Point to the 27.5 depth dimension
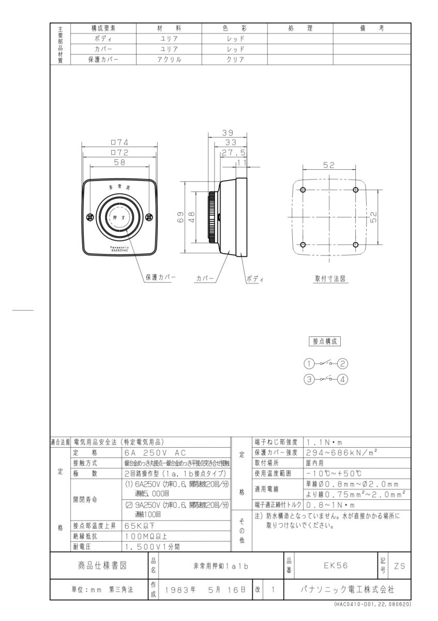[233, 153]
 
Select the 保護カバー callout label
[160, 277]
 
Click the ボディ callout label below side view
[254, 278]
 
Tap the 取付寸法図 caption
[331, 278]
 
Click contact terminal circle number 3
[309, 379]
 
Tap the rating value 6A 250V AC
[150, 452]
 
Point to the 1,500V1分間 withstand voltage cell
[153, 546]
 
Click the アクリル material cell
[169, 59]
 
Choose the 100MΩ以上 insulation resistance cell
[147, 536]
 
